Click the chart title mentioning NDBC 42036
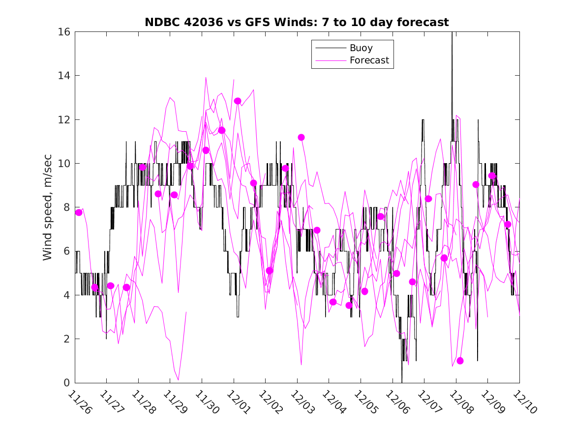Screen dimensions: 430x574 pyautogui.click(x=297, y=23)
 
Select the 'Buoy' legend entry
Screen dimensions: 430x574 pyautogui.click(x=361, y=48)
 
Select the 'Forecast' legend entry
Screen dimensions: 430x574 pyautogui.click(x=369, y=60)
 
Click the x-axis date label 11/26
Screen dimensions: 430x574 pyautogui.click(x=80, y=402)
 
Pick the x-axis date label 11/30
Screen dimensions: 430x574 pyautogui.click(x=207, y=402)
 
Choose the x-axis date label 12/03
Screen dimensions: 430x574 pyautogui.click(x=302, y=402)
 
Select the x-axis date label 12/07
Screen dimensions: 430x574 pyautogui.click(x=429, y=402)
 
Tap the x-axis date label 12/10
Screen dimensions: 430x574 pyautogui.click(x=524, y=402)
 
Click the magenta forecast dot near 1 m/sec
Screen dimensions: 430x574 pyautogui.click(x=460, y=361)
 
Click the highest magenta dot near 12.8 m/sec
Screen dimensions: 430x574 pyautogui.click(x=238, y=101)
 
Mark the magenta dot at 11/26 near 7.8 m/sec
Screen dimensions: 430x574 pyautogui.click(x=79, y=212)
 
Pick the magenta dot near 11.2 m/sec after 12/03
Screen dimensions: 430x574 pyautogui.click(x=301, y=138)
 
